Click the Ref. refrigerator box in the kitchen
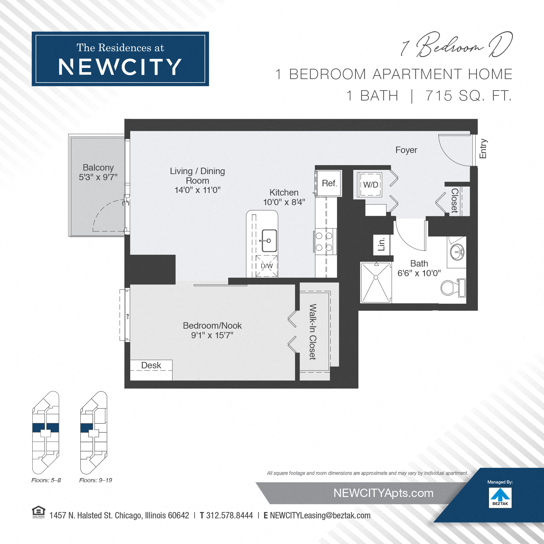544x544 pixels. pos(329,183)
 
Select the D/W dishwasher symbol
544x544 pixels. pos(267,266)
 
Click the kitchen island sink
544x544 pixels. pos(269,240)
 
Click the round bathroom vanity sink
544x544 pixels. pos(457,252)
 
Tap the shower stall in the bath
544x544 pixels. pos(376,283)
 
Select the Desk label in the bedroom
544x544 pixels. pos(151,365)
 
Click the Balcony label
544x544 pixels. pos(98,168)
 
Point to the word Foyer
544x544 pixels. pos(406,150)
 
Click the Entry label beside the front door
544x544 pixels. pos(483,149)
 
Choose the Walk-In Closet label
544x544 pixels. pos(313,332)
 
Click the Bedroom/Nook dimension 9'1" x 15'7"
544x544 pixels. pos(212,335)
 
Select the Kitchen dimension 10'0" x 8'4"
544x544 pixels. pos(284,202)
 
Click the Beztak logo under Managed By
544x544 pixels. pos(500,497)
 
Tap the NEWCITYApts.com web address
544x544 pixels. pos(383,493)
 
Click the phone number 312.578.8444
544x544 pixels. pos(229,516)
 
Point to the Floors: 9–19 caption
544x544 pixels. pos(95,480)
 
